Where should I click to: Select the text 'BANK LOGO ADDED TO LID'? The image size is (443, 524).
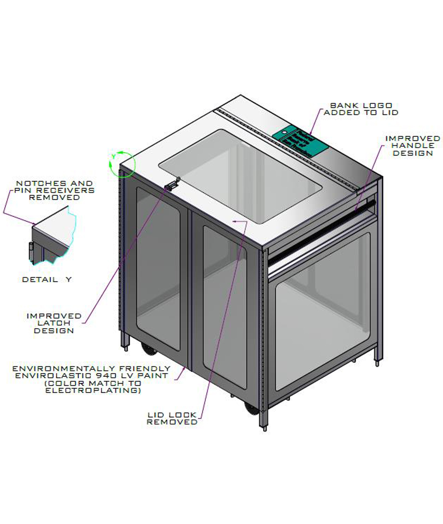pos(361,109)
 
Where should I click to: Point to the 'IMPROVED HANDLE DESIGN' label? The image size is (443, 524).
pos(413,146)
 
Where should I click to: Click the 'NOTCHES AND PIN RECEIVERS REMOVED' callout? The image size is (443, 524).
pos(54,190)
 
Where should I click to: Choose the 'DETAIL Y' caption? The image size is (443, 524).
pos(47,279)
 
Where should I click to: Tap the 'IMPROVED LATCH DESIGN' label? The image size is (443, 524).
pos(54,323)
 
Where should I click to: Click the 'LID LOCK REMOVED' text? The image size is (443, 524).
pos(172,418)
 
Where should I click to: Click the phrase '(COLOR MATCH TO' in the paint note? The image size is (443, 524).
pos(93,383)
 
